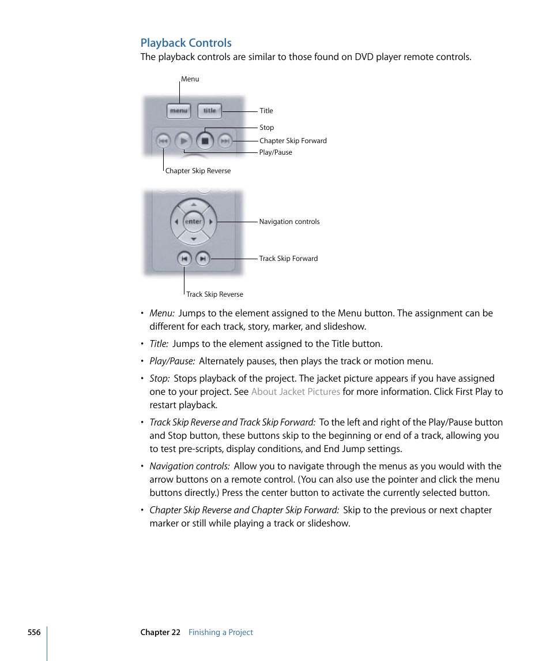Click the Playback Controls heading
(186, 43)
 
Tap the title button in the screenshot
(209, 111)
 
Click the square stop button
(205, 140)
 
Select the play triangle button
(183, 140)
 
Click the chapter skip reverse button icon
(163, 140)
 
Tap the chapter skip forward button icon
(225, 140)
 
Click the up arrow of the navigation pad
(194, 204)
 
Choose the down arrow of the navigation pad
(194, 238)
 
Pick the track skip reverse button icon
(184, 259)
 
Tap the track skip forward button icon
(202, 259)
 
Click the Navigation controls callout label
(289, 222)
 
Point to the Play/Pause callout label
(276, 152)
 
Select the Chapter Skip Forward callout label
(293, 141)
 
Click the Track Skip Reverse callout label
(214, 294)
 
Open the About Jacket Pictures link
(295, 392)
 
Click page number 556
(34, 632)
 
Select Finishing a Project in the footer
(221, 632)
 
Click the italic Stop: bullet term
(160, 379)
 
